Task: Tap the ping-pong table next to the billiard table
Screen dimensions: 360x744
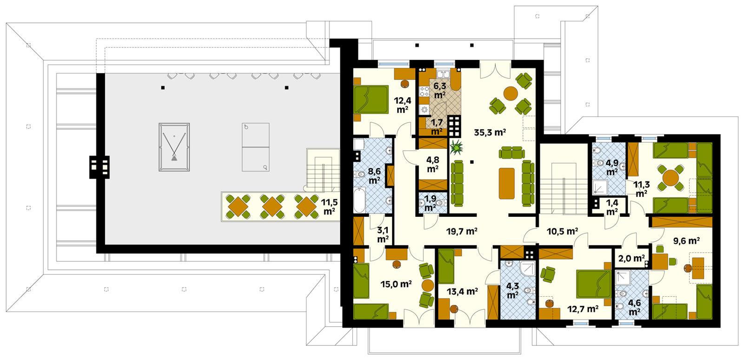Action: point(256,147)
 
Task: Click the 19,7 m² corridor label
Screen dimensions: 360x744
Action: point(462,231)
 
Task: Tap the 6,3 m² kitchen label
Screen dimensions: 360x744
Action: point(439,90)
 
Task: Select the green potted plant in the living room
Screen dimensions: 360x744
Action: point(457,148)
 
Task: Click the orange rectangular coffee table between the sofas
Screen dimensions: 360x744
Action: point(508,181)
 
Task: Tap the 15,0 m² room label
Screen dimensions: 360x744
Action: point(395,285)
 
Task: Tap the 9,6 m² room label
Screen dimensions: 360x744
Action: point(686,240)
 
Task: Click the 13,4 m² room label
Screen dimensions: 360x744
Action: point(462,292)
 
